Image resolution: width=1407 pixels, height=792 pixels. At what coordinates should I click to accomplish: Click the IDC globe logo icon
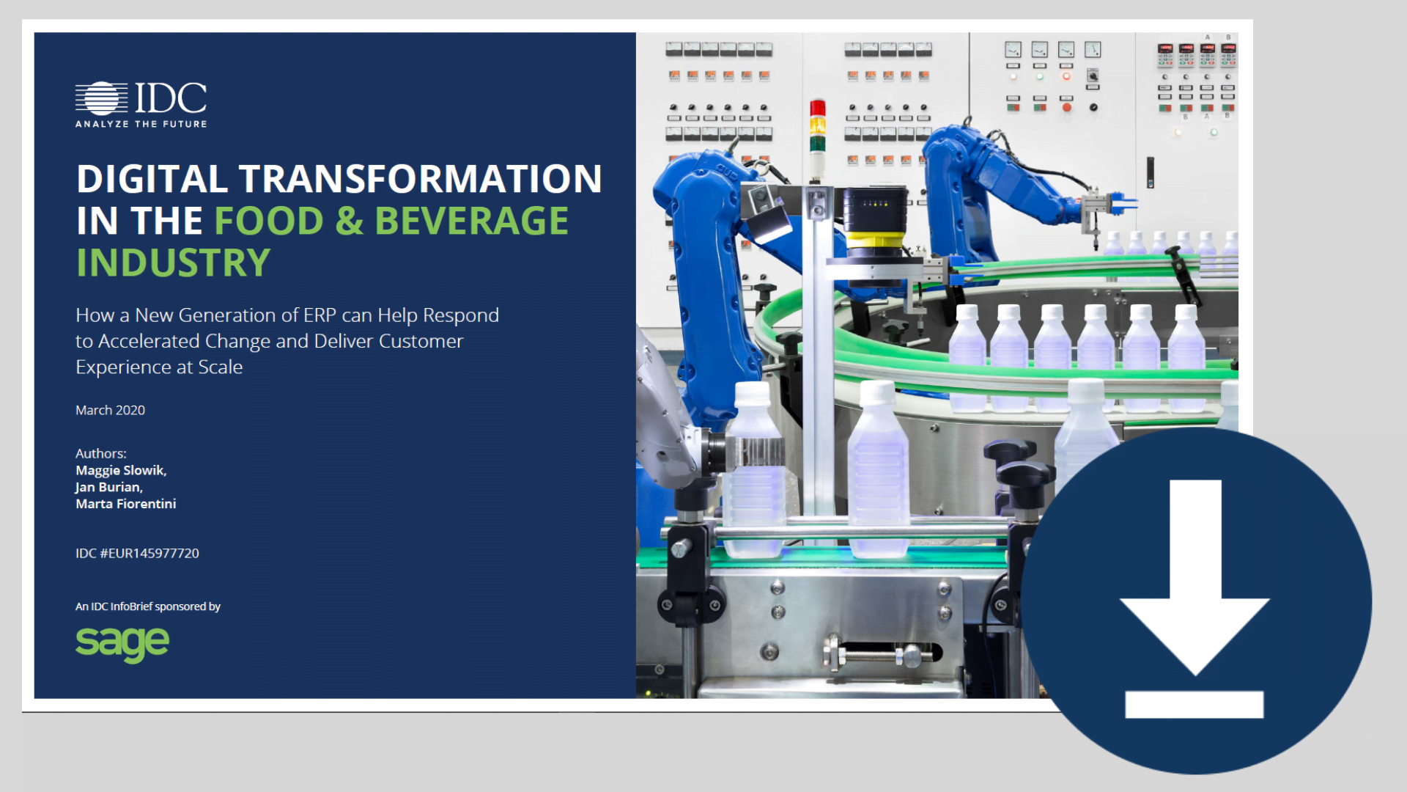101,98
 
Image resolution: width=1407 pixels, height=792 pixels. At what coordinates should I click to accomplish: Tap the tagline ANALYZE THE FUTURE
141,124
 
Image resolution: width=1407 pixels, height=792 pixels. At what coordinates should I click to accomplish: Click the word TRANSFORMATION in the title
420,179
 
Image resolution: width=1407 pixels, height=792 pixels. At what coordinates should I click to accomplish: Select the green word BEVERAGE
471,221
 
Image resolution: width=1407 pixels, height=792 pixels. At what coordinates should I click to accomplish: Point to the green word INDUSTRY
174,263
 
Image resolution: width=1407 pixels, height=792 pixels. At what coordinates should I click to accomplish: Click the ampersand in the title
349,221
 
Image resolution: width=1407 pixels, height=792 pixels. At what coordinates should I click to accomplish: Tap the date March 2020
110,410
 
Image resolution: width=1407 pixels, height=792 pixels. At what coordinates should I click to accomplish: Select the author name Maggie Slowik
121,471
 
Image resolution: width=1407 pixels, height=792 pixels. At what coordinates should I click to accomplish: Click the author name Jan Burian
108,487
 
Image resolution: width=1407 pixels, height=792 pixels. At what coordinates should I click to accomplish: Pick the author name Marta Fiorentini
126,504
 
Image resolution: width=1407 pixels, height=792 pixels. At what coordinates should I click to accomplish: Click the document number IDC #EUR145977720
137,553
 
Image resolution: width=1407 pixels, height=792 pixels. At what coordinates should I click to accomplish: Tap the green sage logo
122,644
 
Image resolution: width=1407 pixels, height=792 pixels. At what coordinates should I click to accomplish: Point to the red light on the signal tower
818,108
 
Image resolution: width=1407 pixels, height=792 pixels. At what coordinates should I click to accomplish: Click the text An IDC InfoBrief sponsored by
148,606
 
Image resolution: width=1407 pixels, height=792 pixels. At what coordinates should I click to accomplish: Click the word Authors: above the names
101,454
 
